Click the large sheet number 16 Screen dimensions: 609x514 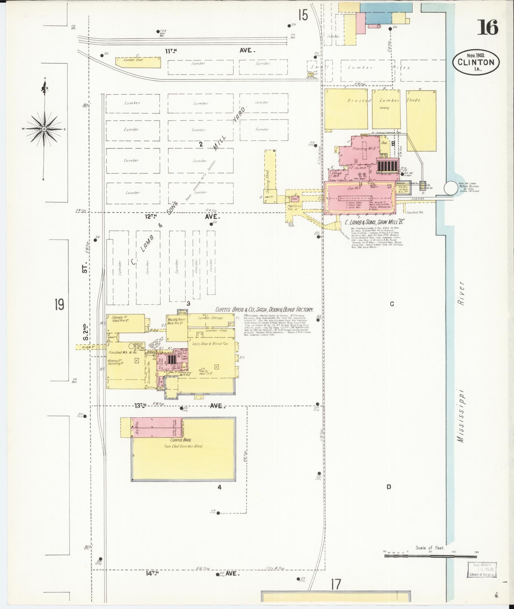pos(487,27)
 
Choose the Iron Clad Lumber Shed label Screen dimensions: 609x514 pos(183,446)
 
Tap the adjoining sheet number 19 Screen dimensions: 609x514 pos(59,305)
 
